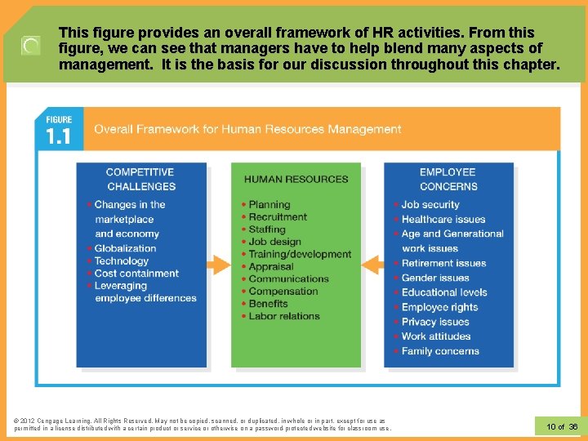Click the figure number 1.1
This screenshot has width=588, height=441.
coord(58,136)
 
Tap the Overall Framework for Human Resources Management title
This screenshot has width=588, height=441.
coord(247,129)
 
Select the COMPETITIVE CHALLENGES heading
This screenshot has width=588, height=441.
coord(140,179)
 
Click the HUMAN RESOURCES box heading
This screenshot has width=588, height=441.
coord(296,179)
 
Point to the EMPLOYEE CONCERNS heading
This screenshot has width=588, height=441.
coord(448,179)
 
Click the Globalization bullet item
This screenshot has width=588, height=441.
coord(125,248)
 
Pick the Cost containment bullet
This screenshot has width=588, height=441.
coord(136,274)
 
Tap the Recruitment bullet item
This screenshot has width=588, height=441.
coord(278,217)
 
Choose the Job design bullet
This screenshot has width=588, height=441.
coord(274,242)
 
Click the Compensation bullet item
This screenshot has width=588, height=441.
coord(283,292)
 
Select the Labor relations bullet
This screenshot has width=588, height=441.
coord(283,316)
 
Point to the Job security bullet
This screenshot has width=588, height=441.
coord(430,205)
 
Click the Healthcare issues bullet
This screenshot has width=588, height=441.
coord(443,220)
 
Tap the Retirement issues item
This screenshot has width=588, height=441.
coord(443,264)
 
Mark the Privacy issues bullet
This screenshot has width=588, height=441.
coord(435,322)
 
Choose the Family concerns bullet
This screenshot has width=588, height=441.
coord(440,351)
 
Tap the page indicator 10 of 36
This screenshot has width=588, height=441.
coord(561,426)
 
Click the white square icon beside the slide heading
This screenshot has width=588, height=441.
coord(30,46)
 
